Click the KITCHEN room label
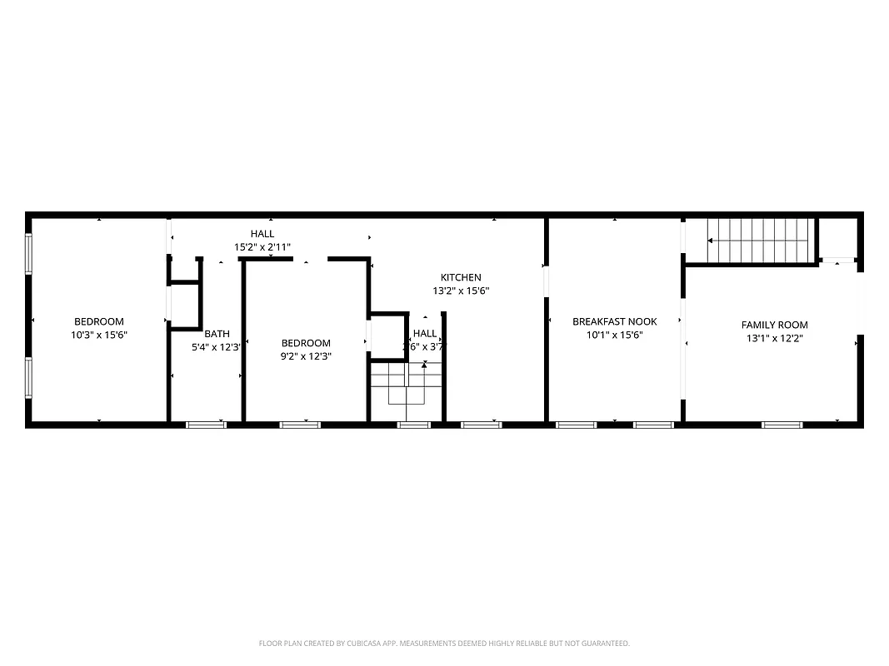coord(461,277)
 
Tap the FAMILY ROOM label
coord(775,325)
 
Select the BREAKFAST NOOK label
coord(614,321)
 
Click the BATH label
coord(217,334)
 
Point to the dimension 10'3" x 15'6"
coord(99,335)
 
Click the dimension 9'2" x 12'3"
coord(306,356)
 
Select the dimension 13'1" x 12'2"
coord(775,338)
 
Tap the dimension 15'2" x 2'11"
coord(262,247)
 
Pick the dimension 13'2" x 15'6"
coord(461,291)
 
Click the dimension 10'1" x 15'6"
coord(614,335)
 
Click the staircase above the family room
coord(759,240)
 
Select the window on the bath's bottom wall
coord(206,425)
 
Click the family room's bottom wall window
coord(782,425)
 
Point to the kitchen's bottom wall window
coord(482,425)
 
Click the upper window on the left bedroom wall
coord(29,254)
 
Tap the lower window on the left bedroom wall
coord(29,377)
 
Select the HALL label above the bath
coord(262,234)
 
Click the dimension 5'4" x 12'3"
coord(217,347)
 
